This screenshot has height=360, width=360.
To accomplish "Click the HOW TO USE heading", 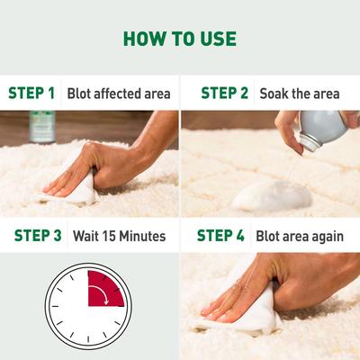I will [179, 38].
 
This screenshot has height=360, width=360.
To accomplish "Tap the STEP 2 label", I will [224, 93].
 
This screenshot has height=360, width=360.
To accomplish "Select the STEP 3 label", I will [38, 236].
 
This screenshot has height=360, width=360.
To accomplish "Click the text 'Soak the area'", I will [299, 93].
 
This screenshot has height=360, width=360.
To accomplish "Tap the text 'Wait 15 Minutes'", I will [117, 236].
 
